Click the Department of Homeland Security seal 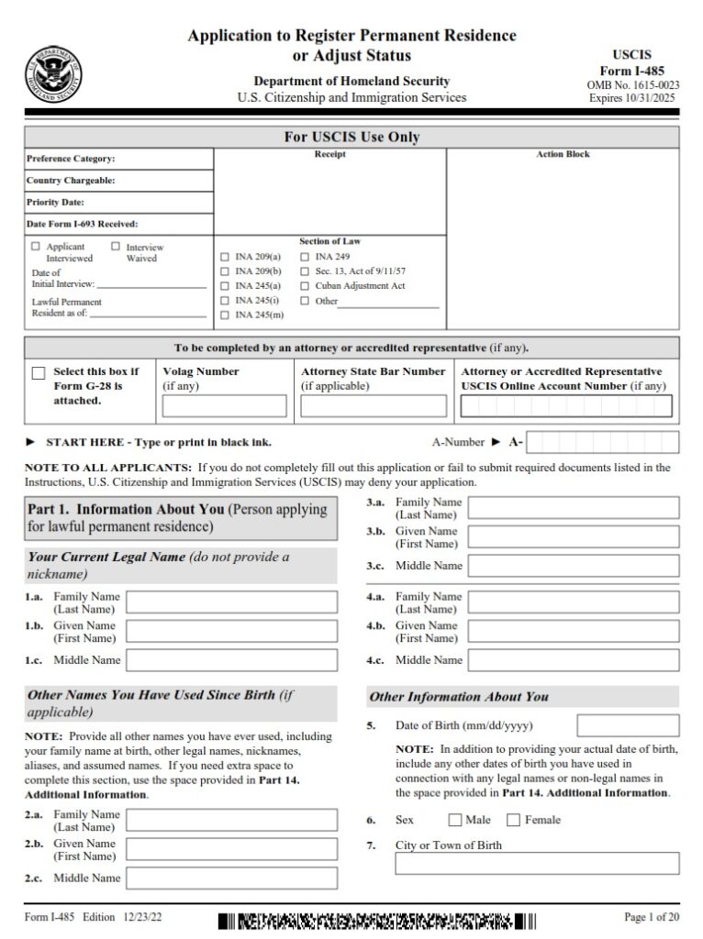coord(53,72)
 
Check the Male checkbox coord(454,820)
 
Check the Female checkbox coord(513,820)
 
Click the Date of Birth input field coord(628,725)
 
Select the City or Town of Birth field coord(537,864)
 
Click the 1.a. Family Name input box coord(231,602)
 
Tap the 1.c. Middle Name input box coord(231,660)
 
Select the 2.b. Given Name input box coord(231,849)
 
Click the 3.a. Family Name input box coord(574,508)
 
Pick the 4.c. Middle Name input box coord(574,660)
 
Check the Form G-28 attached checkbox coord(39,373)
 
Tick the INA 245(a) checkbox coord(226,286)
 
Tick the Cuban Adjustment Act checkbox coord(305,286)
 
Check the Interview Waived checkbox coord(116,247)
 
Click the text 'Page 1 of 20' coord(651,917)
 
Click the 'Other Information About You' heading coord(459,697)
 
